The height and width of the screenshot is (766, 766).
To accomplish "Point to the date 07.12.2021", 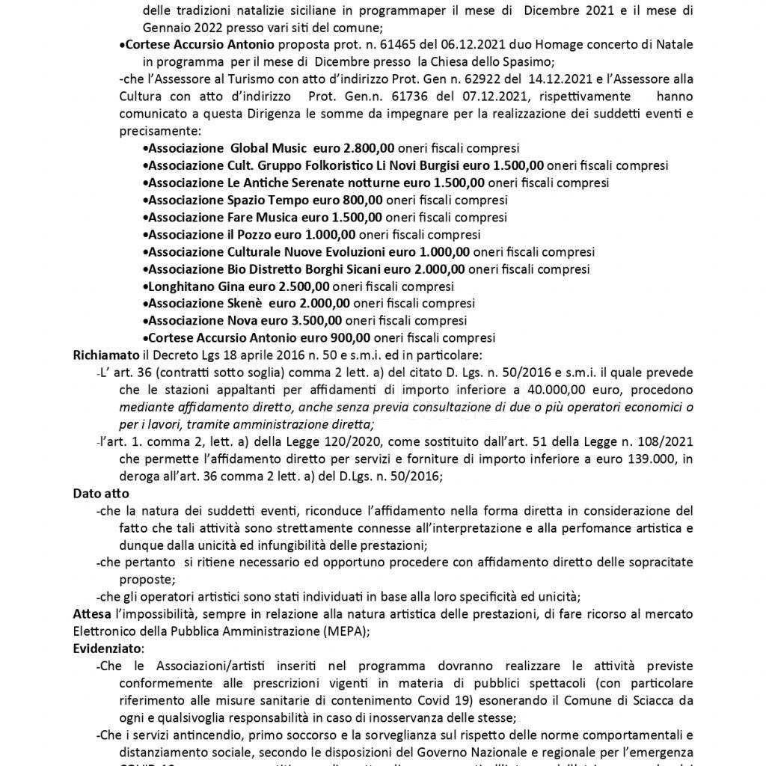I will click(412, 96).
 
